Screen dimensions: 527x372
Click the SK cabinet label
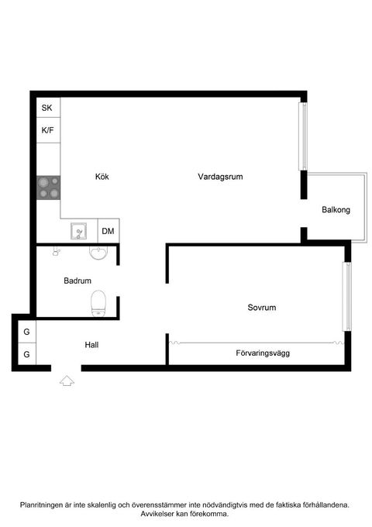pyautogui.click(x=47, y=108)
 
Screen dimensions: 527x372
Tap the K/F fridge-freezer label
pyautogui.click(x=47, y=130)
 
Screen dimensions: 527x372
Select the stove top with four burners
pyautogui.click(x=48, y=187)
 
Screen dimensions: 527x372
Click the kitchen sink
pyautogui.click(x=79, y=231)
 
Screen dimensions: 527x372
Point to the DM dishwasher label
pyautogui.click(x=108, y=231)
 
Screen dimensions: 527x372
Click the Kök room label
pyautogui.click(x=102, y=177)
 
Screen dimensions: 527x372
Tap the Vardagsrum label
pyautogui.click(x=221, y=177)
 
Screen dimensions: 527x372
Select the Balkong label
pyautogui.click(x=336, y=210)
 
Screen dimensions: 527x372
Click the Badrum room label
pyautogui.click(x=77, y=281)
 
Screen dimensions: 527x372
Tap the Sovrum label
pyautogui.click(x=262, y=308)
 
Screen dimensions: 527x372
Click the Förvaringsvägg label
pyautogui.click(x=263, y=353)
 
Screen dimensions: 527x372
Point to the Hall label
pyautogui.click(x=91, y=345)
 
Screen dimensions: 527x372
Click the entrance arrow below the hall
pyautogui.click(x=66, y=380)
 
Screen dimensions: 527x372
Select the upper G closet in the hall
pyautogui.click(x=26, y=332)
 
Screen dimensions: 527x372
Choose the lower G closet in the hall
pyautogui.click(x=26, y=354)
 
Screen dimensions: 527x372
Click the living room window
pyautogui.click(x=303, y=136)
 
